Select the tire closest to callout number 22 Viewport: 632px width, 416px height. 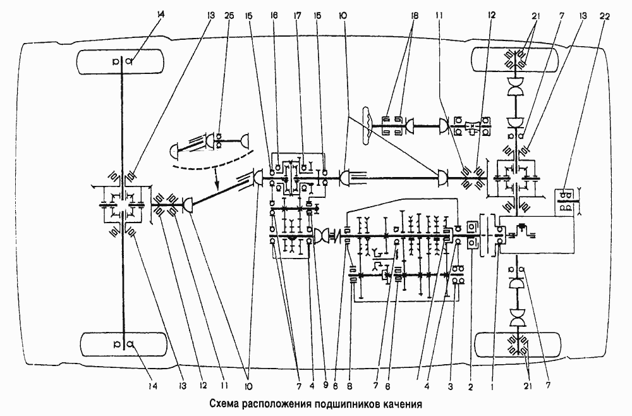click(517, 61)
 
